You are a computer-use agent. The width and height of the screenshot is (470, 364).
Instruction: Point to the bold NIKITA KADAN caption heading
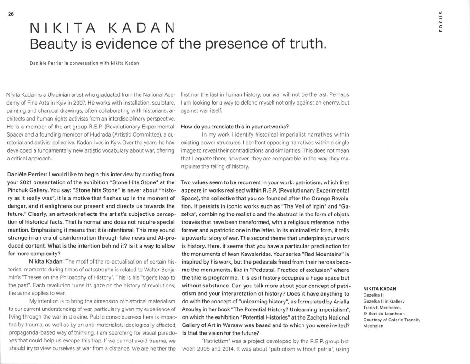pos(380,288)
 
